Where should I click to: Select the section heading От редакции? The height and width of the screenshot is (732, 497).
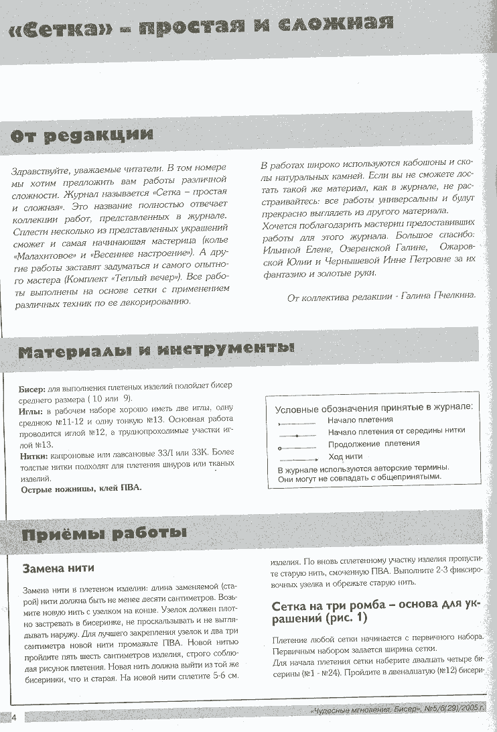click(x=82, y=135)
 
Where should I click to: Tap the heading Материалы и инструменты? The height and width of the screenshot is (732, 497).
click(x=155, y=351)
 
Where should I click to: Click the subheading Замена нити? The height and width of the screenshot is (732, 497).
click(x=58, y=568)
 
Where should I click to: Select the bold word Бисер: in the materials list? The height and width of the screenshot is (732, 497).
click(x=31, y=388)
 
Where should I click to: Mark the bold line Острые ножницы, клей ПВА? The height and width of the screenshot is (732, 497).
click(x=81, y=489)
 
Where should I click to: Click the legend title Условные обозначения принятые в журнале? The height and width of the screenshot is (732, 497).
click(x=374, y=407)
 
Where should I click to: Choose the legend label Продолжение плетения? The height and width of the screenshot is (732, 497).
click(x=374, y=443)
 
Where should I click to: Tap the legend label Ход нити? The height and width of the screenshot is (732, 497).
click(x=345, y=456)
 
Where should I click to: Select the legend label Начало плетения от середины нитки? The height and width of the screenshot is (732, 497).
click(x=396, y=431)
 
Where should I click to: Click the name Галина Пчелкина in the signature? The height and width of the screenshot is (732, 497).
click(x=445, y=298)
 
